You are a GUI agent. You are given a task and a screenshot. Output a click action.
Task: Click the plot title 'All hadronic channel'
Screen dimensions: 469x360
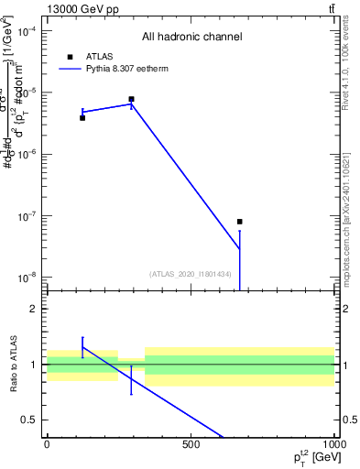[191, 38]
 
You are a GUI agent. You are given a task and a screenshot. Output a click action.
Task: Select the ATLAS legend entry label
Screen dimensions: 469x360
[99, 57]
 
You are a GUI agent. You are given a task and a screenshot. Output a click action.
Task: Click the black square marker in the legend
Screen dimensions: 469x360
[69, 57]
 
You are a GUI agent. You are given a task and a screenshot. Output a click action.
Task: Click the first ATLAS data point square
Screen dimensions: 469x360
[82, 117]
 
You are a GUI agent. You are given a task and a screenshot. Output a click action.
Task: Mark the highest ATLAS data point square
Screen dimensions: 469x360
[132, 99]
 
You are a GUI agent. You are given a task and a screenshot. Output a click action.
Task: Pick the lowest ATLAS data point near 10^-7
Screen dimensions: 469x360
[240, 222]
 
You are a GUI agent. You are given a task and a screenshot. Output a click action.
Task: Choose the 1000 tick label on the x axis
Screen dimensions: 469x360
[333, 446]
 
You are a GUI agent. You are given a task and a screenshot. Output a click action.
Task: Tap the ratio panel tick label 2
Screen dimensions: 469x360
[35, 310]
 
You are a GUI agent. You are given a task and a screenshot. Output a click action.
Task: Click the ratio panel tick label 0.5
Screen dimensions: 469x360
[31, 420]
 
